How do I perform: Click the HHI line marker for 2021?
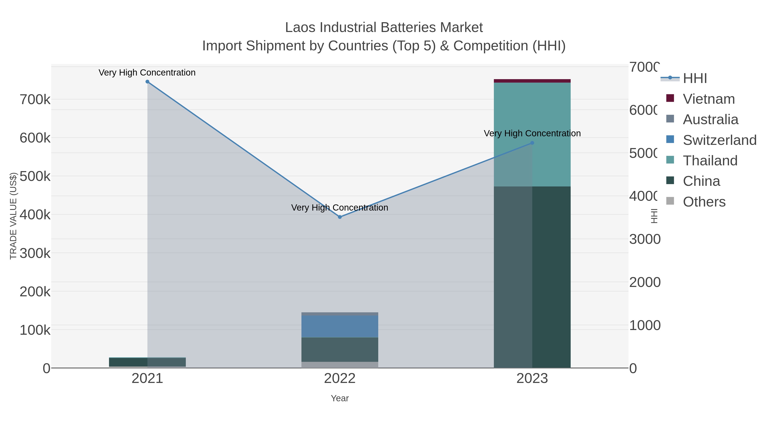tap(147, 82)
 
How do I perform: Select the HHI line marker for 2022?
tap(340, 217)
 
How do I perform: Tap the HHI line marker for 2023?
tap(532, 143)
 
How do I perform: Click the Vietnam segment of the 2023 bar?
tap(532, 81)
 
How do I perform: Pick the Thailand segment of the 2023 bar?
tap(551, 134)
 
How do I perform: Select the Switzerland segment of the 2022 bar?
tap(340, 326)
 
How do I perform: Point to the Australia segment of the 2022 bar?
tap(340, 314)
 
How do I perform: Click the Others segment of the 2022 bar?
tap(340, 365)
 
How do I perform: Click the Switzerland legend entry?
tap(719, 140)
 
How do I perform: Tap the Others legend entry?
tap(704, 202)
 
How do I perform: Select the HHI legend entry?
tap(695, 79)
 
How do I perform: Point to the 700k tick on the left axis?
tap(35, 100)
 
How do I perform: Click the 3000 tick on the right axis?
tap(644, 239)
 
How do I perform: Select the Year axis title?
tap(340, 398)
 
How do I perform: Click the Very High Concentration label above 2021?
tap(147, 73)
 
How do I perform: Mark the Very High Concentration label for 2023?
tap(532, 134)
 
